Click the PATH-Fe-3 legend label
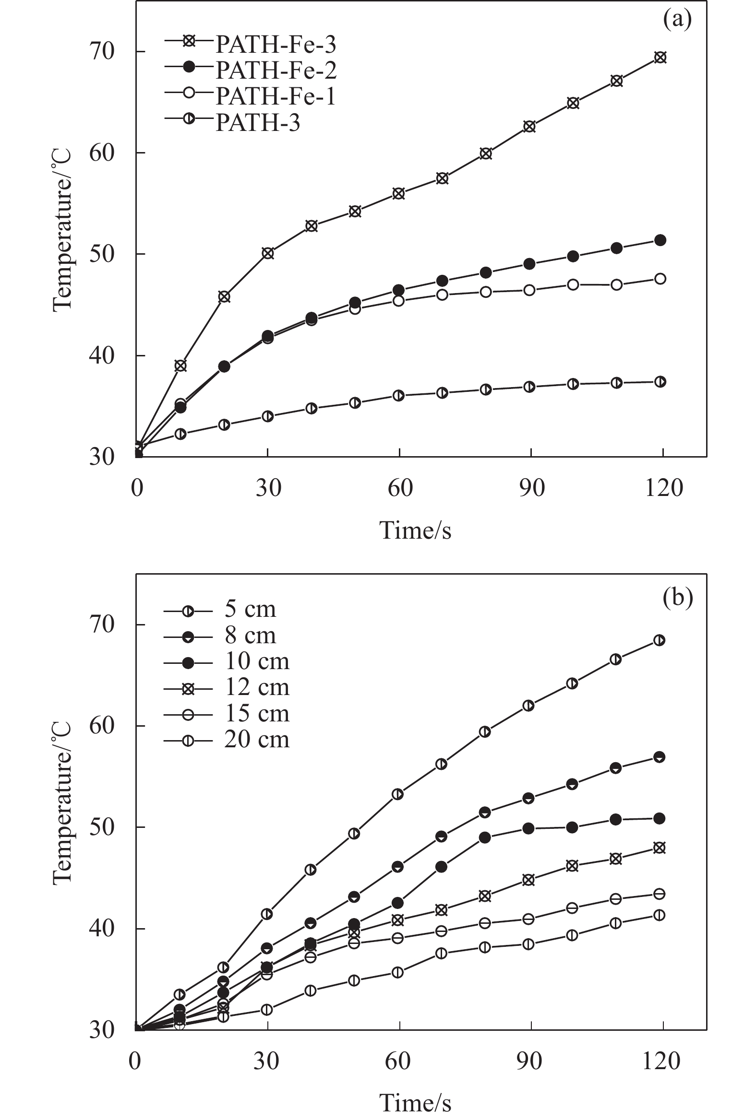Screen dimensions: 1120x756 (x=276, y=45)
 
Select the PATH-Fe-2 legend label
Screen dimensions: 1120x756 (x=276, y=71)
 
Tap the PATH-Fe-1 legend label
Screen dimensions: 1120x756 (x=276, y=96)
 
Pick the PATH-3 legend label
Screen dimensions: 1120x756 (x=257, y=122)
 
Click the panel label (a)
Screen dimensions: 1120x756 (x=677, y=20)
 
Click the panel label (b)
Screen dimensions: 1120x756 (x=677, y=597)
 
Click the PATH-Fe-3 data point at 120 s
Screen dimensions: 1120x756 (x=660, y=58)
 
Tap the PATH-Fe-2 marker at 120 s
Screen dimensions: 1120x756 (x=660, y=240)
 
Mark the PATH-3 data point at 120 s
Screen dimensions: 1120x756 (x=660, y=382)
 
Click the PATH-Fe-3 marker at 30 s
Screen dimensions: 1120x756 (x=268, y=253)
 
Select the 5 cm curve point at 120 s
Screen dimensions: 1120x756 (x=659, y=640)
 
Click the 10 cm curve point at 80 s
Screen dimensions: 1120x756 (x=485, y=837)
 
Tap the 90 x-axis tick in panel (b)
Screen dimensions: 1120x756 (x=529, y=1061)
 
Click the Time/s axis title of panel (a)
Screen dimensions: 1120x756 (x=415, y=531)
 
